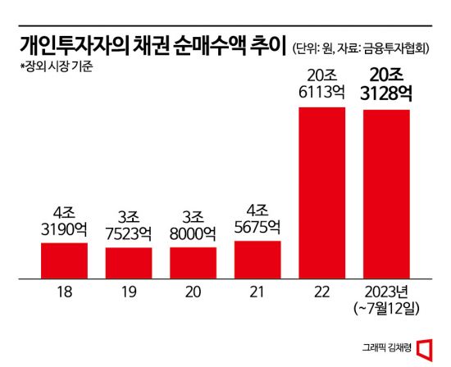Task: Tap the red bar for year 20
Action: click(193, 260)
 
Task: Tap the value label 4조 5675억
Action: click(257, 217)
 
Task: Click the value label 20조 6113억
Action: click(321, 85)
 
